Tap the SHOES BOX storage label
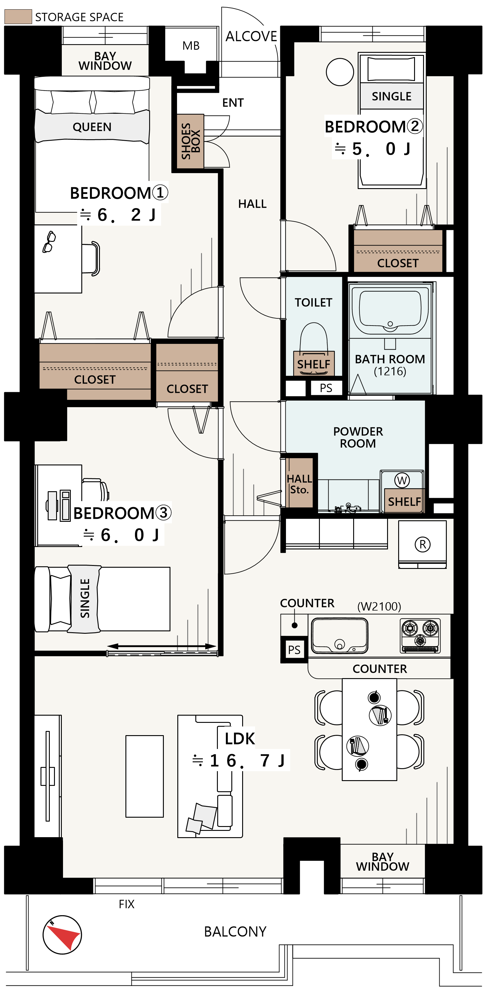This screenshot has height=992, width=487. pos(191,141)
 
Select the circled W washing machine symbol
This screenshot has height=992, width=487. pos(402,480)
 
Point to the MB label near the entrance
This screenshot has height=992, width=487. pos(191,46)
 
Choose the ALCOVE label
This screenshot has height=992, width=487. pos(251,36)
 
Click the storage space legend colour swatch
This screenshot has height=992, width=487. pos(18,17)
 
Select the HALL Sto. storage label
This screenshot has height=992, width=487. pos(299,484)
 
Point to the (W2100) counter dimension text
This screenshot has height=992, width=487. pos(379,606)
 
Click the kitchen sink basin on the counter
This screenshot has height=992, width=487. pos(339,636)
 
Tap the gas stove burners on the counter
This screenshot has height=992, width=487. pos(420,636)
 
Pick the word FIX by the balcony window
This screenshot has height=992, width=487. pos(127,904)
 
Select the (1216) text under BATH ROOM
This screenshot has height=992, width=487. pos(390,371)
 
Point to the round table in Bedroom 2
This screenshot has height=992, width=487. pos(340,72)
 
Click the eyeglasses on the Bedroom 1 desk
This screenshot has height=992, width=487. pos(49,242)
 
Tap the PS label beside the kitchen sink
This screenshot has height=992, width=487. pos(294,650)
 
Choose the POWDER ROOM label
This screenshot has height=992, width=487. pos(358,437)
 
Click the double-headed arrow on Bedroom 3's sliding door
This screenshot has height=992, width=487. pos(162,646)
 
